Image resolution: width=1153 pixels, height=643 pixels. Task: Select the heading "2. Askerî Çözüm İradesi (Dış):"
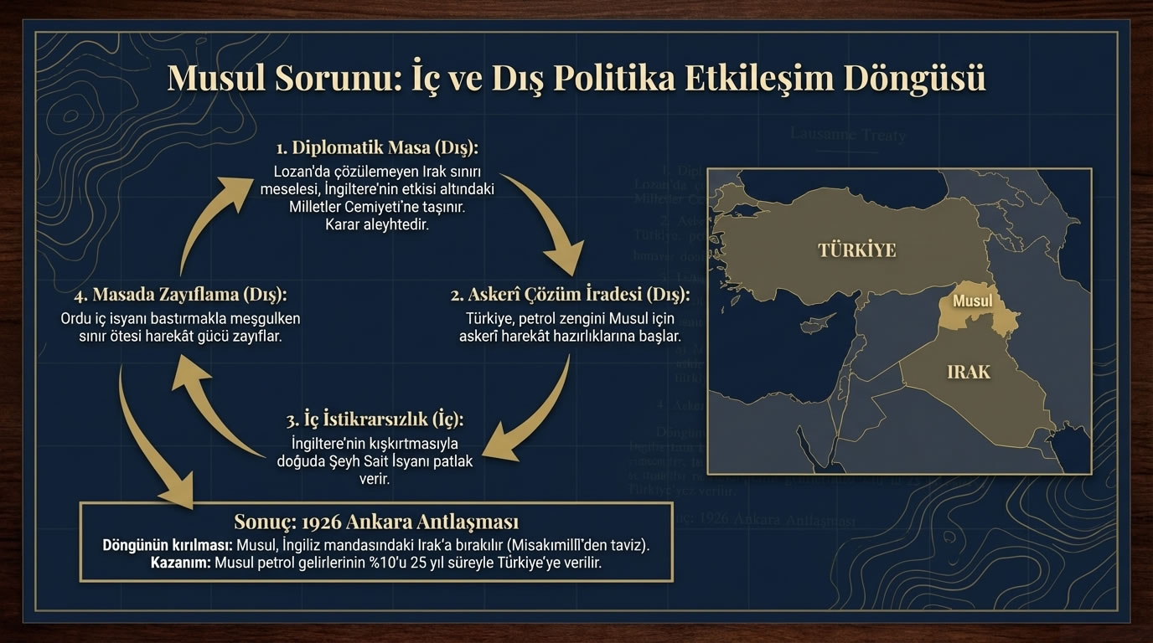click(570, 295)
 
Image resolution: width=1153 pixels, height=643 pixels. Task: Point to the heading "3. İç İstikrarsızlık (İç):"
click(375, 419)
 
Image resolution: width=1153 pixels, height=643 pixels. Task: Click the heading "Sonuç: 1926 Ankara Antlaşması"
click(375, 522)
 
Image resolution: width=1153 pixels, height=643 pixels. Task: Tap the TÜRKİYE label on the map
click(856, 249)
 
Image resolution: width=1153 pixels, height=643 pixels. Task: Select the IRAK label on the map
click(968, 371)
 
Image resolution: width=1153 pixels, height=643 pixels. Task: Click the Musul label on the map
click(973, 301)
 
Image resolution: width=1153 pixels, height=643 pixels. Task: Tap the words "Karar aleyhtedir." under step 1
click(376, 225)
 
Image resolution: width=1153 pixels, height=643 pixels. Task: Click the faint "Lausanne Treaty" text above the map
click(848, 135)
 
